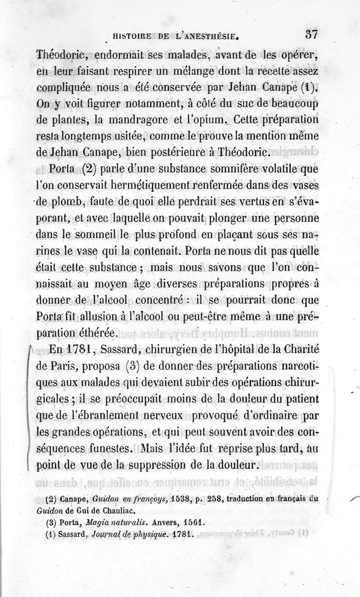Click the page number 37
(x=312, y=34)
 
